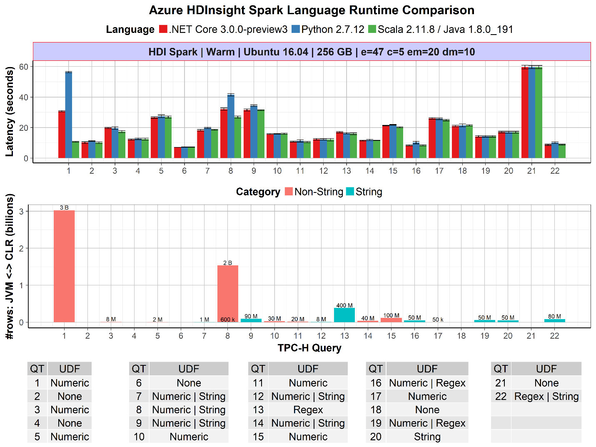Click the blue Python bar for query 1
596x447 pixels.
(x=69, y=115)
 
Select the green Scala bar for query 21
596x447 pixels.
(x=539, y=112)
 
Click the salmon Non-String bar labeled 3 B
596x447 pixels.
(x=64, y=266)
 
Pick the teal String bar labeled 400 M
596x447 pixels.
(x=344, y=315)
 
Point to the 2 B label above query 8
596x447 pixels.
(x=227, y=263)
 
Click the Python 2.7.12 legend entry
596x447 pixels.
(x=332, y=30)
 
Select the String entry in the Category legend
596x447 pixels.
(x=369, y=192)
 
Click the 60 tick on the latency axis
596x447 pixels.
(x=23, y=67)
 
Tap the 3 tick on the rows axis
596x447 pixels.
(x=22, y=211)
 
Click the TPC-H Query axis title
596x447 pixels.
(x=309, y=348)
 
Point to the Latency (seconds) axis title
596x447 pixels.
(x=10, y=112)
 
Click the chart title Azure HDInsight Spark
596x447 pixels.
(x=312, y=10)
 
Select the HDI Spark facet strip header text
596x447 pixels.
(x=312, y=52)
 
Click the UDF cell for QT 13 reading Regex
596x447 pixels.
(x=308, y=410)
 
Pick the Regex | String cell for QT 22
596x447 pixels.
(x=546, y=397)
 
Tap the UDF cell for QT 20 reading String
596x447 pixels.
(x=427, y=437)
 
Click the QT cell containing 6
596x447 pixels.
(x=139, y=383)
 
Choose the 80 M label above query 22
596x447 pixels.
(x=554, y=317)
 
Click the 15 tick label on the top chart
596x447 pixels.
(x=393, y=171)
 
